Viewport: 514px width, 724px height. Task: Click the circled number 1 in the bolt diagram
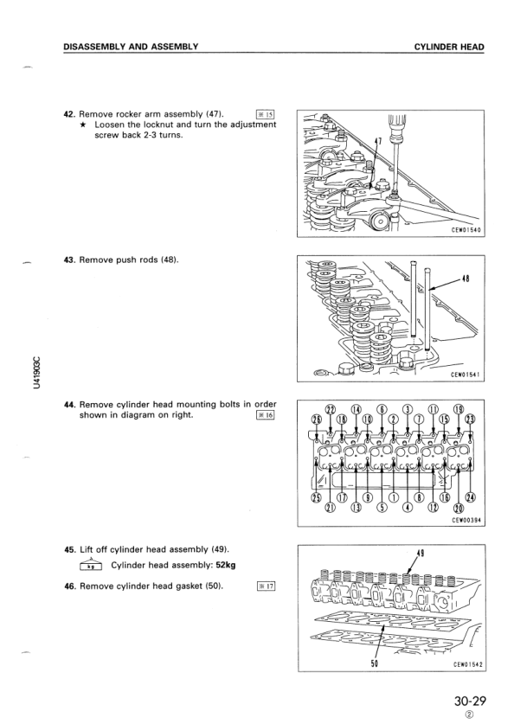click(x=393, y=497)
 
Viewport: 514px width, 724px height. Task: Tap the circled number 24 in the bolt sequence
click(x=471, y=497)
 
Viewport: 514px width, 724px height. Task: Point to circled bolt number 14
click(x=356, y=409)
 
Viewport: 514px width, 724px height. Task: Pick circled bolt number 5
click(x=382, y=509)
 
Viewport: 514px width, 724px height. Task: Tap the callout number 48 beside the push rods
click(x=466, y=279)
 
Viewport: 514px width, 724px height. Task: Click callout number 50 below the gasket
click(x=375, y=664)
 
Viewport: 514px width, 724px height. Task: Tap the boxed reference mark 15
click(x=265, y=114)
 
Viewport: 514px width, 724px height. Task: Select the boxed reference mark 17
click(x=266, y=586)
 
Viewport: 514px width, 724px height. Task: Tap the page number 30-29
click(x=470, y=701)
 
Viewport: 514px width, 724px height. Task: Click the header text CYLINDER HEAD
click(x=449, y=47)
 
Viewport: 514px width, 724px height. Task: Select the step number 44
click(x=70, y=405)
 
